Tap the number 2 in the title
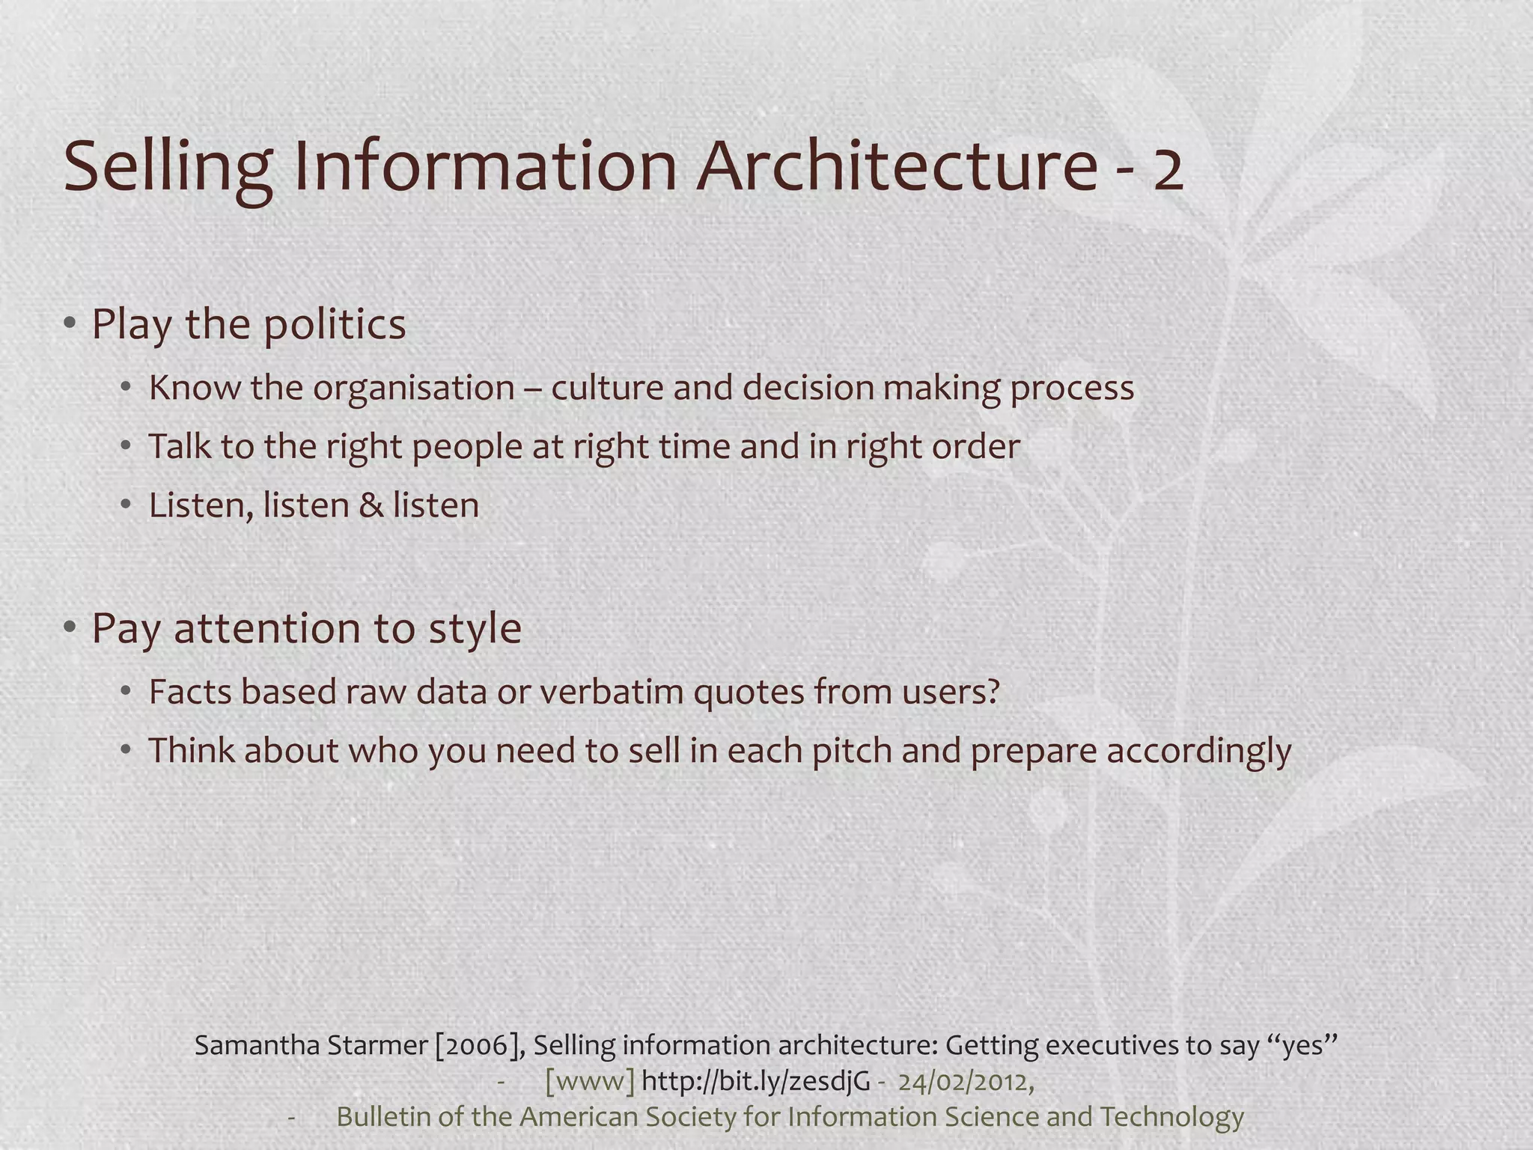pos(1168,171)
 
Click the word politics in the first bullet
pos(335,325)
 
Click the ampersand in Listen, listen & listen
pos(371,505)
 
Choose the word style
pos(475,628)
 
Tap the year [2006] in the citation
pos(479,1044)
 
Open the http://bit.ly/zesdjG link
pos(755,1081)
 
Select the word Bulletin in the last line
pos(383,1116)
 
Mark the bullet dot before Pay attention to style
pos(70,627)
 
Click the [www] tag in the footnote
pos(590,1081)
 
